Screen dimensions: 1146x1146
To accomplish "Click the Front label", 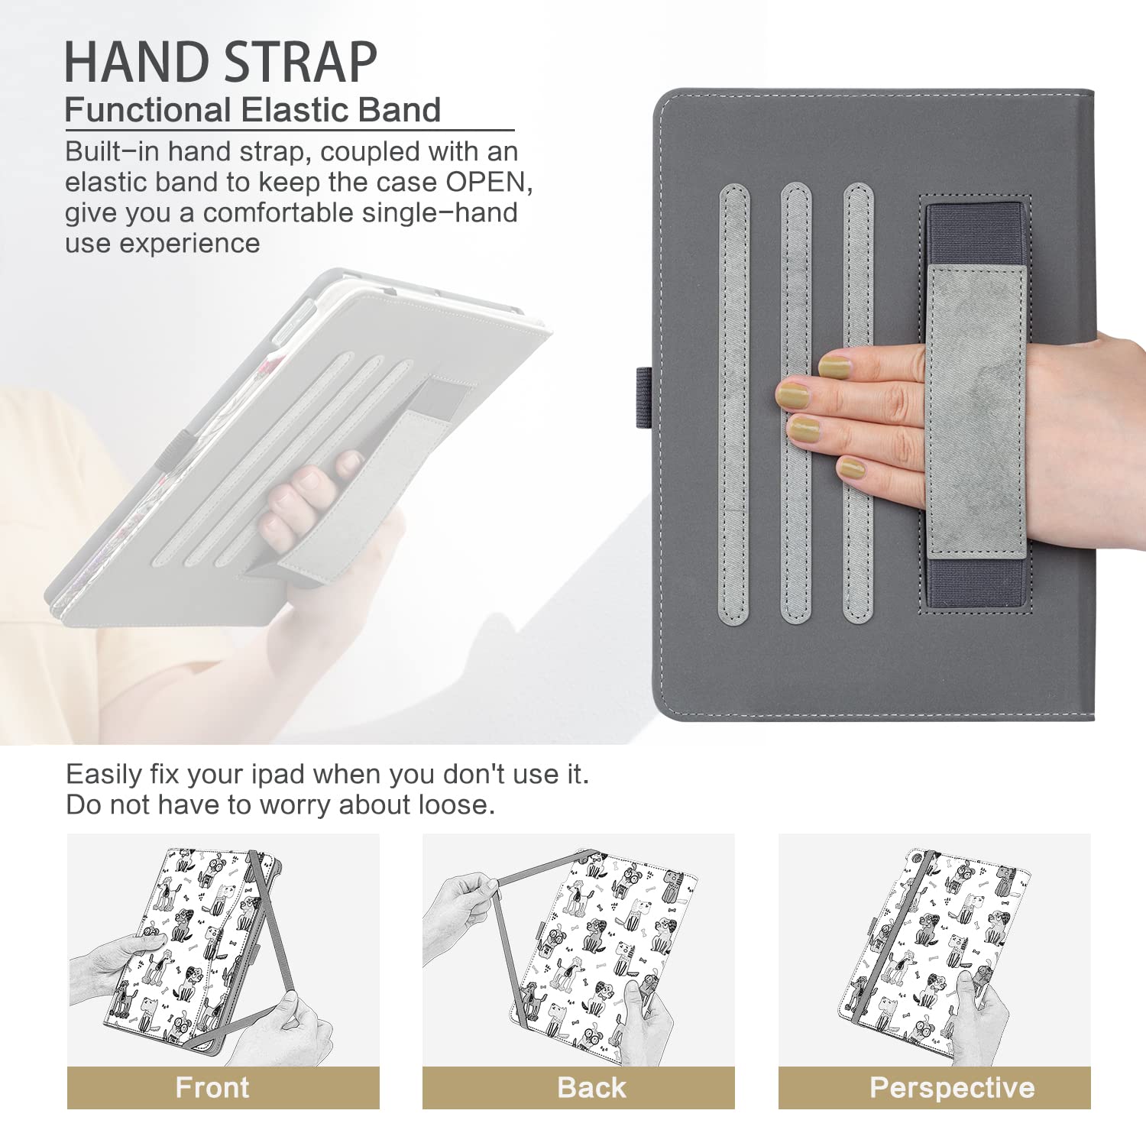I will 212,1087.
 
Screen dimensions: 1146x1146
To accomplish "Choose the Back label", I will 591,1087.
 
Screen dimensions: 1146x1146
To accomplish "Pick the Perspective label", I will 952,1087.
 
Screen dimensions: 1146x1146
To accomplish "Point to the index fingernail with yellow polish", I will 834,367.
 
